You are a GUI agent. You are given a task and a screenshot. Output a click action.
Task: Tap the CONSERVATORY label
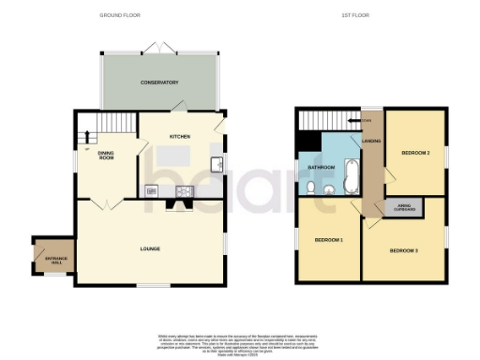point(159,82)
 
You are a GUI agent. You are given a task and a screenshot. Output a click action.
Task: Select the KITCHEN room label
point(180,137)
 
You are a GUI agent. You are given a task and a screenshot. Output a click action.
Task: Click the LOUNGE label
point(150,248)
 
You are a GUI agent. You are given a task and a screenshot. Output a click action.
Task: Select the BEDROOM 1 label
point(328,241)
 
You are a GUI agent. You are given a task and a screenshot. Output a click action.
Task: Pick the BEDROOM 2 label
point(416,152)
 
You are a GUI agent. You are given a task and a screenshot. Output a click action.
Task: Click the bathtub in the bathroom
point(351,172)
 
